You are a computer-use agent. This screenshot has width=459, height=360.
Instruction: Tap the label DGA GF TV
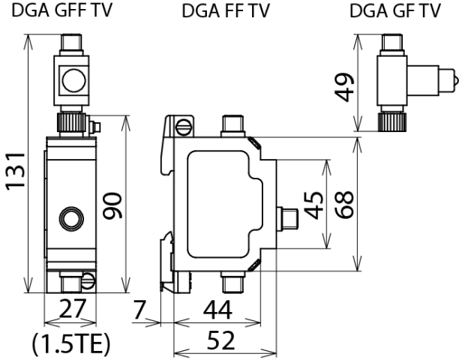[394, 11]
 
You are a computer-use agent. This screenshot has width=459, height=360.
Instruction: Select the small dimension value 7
[139, 308]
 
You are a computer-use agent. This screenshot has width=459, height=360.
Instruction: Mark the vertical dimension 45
[313, 205]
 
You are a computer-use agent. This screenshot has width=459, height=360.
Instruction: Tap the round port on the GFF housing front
[72, 218]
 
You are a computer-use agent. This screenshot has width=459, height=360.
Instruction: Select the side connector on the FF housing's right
[287, 218]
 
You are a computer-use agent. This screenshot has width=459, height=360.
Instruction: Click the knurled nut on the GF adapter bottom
[391, 120]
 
